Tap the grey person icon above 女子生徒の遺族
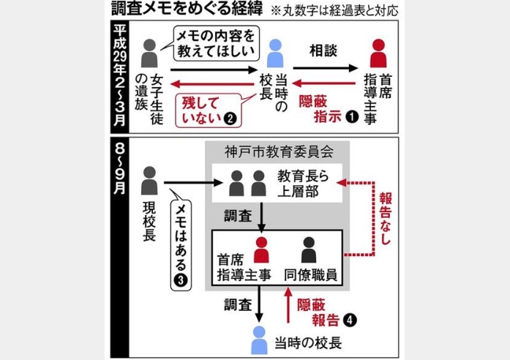[x=150, y=53]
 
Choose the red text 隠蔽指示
[x=319, y=111]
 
